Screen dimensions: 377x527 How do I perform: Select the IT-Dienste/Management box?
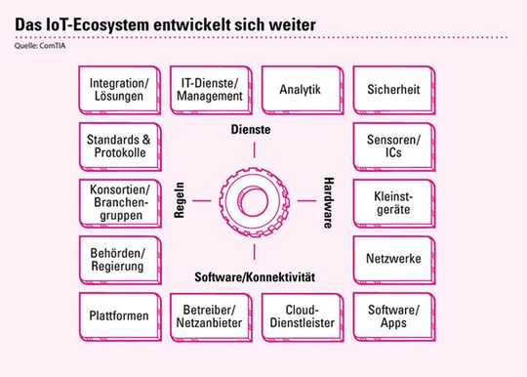208,89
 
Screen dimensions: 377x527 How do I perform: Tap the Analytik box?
300,89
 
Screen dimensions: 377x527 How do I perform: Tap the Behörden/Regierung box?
116,259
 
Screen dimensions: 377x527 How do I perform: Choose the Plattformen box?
116,315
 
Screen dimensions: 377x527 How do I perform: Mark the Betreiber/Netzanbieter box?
208,315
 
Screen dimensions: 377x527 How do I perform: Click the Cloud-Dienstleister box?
300,315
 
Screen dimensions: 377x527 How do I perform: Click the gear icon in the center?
253,202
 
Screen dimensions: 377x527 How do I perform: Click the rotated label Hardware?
326,202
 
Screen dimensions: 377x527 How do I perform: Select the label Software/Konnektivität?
254,276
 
